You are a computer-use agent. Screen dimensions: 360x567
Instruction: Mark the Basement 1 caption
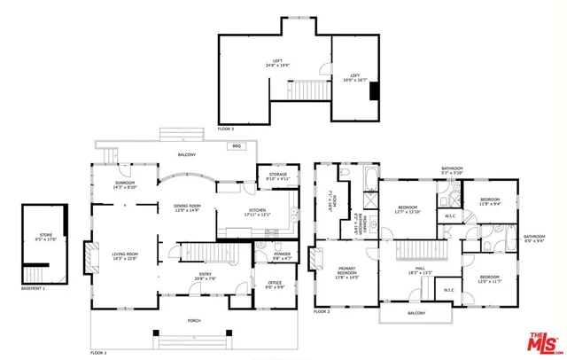click(33, 289)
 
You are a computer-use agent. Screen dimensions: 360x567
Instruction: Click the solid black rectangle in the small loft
click(374, 90)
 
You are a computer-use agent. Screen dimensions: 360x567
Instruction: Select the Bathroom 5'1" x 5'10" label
click(453, 170)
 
